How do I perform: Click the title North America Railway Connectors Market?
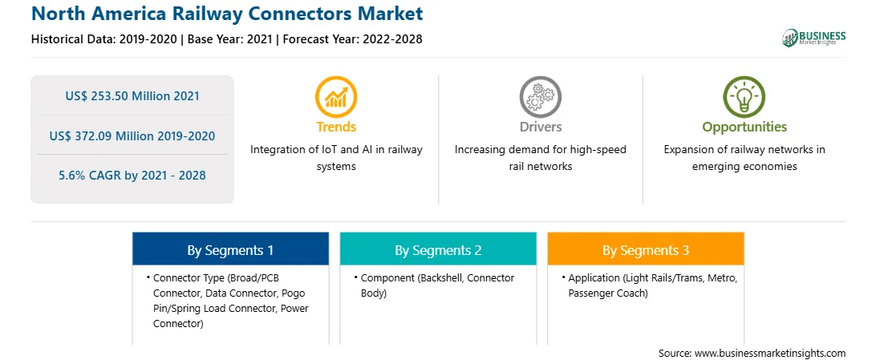227,14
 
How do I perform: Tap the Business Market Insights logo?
813,38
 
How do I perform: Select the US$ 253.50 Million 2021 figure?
132,96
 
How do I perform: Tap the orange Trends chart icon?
336,96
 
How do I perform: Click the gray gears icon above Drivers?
540,96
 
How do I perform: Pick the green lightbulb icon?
744,96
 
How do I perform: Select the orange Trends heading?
336,127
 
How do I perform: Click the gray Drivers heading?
540,127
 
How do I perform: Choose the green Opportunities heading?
744,127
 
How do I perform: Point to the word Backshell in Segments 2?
438,278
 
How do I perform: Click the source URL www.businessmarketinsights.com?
769,354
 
